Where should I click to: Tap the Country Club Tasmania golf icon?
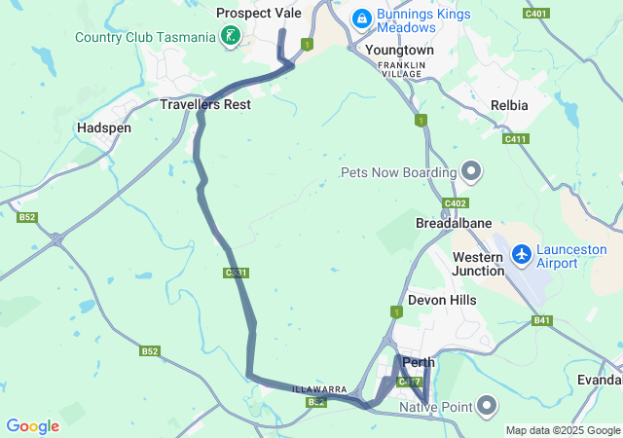pos(230,37)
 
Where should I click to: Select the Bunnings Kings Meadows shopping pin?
pos(361,18)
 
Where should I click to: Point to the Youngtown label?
pos(399,49)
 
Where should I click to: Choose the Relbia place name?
pos(510,104)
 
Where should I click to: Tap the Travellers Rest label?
pos(205,104)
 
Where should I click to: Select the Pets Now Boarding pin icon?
pos(471,172)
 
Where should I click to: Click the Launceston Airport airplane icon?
pos(522,254)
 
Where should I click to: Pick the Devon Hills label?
pos(442,300)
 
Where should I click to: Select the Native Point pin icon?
pos(488,406)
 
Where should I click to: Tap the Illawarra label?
pos(320,389)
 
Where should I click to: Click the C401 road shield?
pos(534,14)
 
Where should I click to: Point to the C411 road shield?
pos(515,139)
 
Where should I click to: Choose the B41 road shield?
pos(541,320)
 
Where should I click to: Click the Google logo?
pos(33,425)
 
